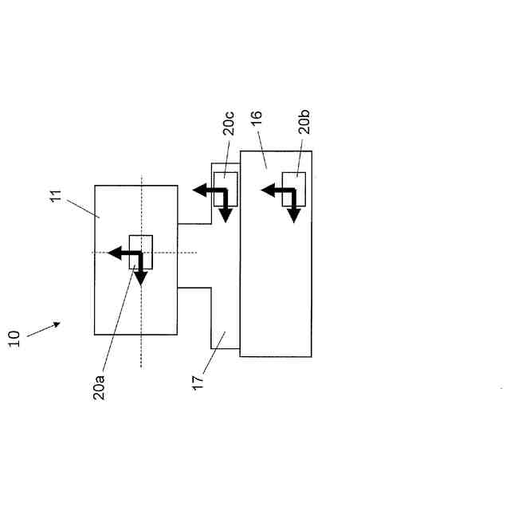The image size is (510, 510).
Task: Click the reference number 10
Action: pyautogui.click(x=14, y=338)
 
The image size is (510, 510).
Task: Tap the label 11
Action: pyautogui.click(x=57, y=195)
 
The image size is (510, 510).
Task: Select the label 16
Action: pyautogui.click(x=256, y=120)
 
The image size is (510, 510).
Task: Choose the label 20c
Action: pyautogui.click(x=229, y=126)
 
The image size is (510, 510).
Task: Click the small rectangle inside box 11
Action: pyautogui.click(x=141, y=251)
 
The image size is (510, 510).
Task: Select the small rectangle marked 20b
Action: pyautogui.click(x=293, y=189)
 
